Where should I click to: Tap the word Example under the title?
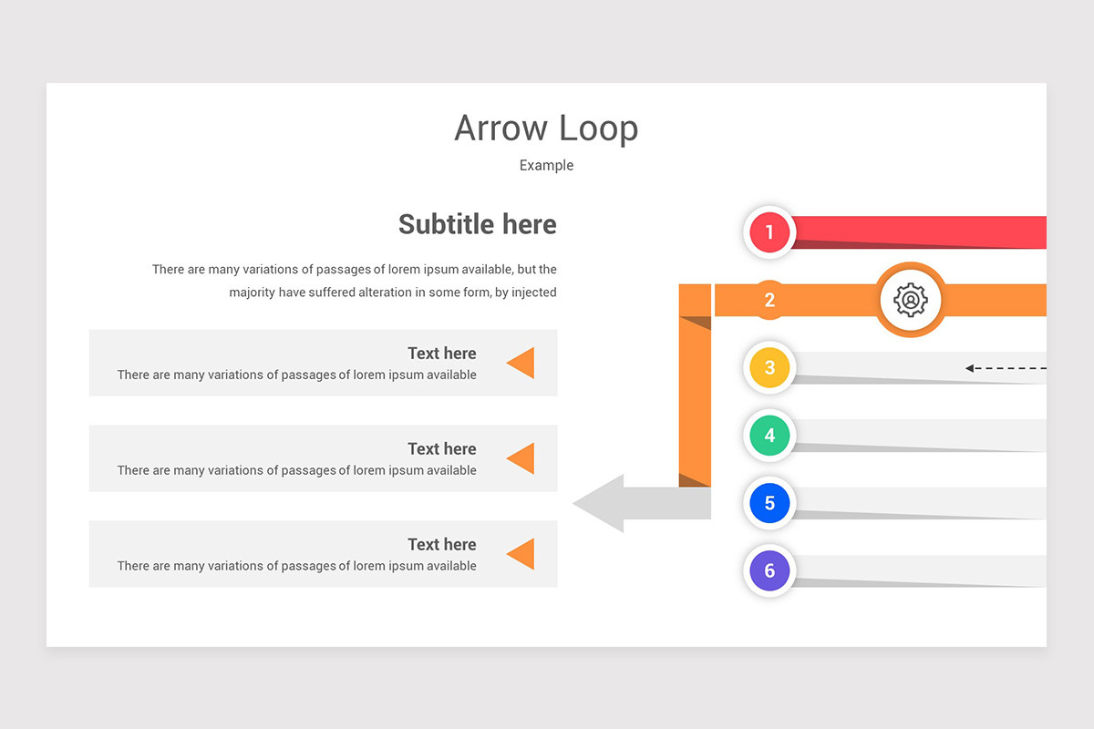click(x=546, y=165)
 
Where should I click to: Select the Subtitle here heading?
click(x=477, y=224)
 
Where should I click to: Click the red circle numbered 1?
click(x=769, y=232)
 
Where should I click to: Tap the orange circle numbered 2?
click(x=769, y=300)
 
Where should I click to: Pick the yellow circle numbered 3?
click(x=769, y=368)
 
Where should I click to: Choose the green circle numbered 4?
click(x=769, y=436)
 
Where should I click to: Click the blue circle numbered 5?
click(x=769, y=503)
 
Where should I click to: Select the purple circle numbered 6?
click(x=769, y=570)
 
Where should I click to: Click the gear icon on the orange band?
click(x=910, y=300)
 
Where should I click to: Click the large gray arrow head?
click(x=602, y=503)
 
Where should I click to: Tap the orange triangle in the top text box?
click(x=521, y=363)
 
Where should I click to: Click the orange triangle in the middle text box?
click(x=521, y=458)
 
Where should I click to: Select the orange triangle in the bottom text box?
click(x=521, y=554)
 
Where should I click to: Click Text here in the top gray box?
click(x=441, y=354)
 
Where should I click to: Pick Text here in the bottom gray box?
click(x=441, y=545)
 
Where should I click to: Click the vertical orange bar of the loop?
click(x=695, y=401)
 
